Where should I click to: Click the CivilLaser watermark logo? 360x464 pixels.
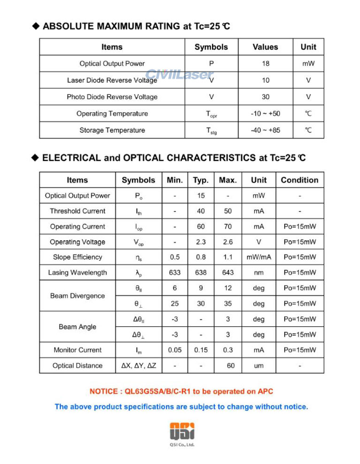(180, 75)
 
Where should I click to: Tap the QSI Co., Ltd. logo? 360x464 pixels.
(182, 433)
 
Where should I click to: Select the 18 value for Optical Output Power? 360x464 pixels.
(266, 63)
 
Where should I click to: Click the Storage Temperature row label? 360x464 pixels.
(112, 130)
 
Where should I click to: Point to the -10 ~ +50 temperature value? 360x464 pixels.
(266, 114)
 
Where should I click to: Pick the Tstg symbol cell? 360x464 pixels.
(211, 131)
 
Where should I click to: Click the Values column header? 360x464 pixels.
(266, 47)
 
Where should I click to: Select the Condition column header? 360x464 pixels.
(299, 180)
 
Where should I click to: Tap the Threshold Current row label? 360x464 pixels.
(78, 211)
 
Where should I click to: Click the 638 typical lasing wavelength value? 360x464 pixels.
(201, 272)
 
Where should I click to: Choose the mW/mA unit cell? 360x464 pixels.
(258, 257)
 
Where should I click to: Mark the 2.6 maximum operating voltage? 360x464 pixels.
(227, 242)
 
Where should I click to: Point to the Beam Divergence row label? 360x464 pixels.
(78, 296)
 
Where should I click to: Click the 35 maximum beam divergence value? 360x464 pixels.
(227, 303)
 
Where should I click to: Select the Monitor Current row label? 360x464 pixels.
(78, 350)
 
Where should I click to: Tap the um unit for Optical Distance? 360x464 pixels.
(258, 365)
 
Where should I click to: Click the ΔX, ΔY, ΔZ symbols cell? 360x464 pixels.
(138, 365)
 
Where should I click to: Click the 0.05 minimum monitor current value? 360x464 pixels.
(175, 350)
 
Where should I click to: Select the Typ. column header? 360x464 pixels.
(201, 180)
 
